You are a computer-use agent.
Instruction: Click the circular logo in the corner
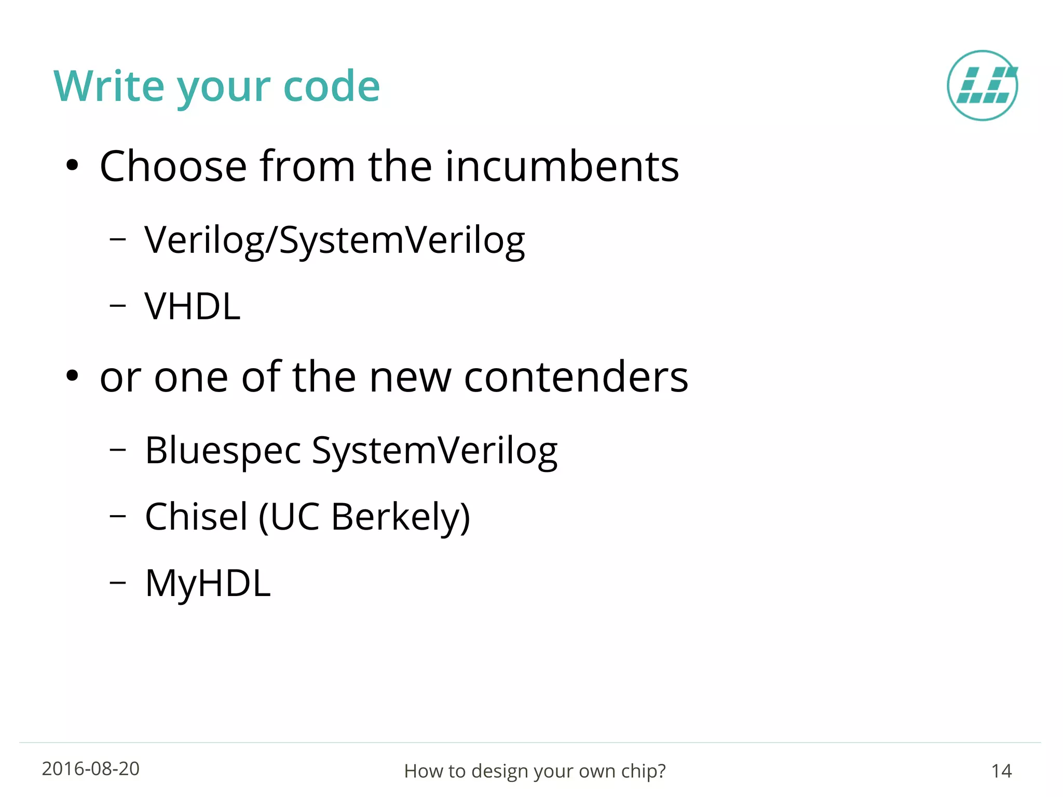coord(982,86)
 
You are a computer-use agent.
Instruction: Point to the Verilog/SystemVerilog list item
coord(334,241)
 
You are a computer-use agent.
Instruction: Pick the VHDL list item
coord(193,306)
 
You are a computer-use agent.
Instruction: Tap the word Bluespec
coord(223,451)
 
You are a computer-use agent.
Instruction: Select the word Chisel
coord(196,517)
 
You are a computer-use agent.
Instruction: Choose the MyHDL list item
coord(208,584)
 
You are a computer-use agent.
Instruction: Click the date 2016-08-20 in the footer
coord(91,769)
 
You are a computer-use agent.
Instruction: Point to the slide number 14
coord(1001,771)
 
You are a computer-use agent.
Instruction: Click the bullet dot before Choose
coord(72,166)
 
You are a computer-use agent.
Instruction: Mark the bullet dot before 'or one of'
coord(72,376)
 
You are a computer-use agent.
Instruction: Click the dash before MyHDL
coord(118,583)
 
